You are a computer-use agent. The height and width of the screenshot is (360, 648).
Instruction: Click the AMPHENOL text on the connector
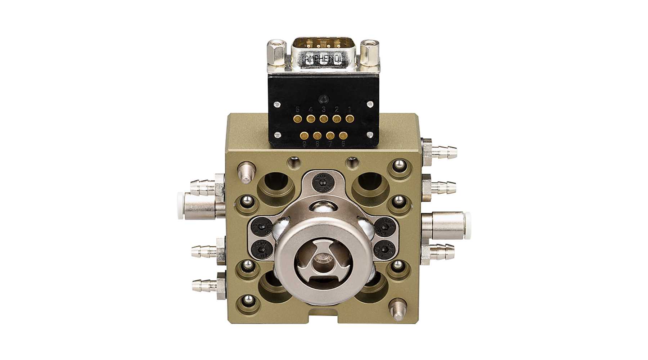coord(324,59)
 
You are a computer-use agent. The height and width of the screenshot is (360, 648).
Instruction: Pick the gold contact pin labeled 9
coord(305,136)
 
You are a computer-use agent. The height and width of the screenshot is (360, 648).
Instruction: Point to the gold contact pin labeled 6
coord(343,136)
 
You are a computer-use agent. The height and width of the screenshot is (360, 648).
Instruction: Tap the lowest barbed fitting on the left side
coord(205,285)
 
